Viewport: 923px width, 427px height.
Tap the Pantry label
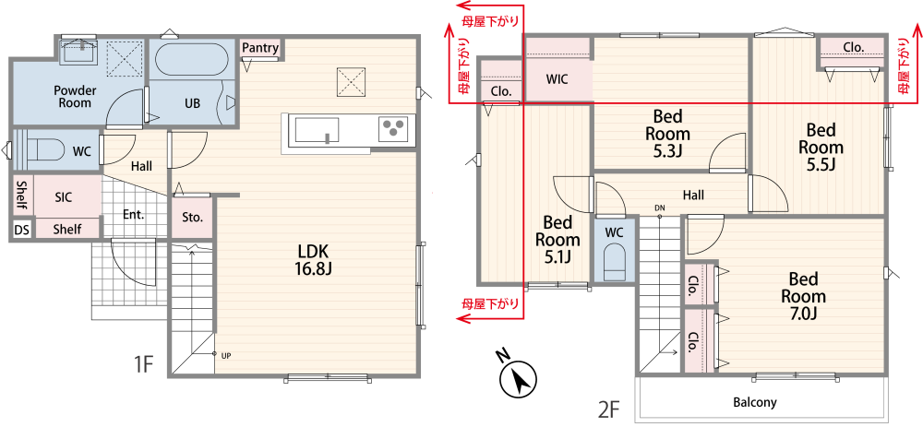[x=260, y=48]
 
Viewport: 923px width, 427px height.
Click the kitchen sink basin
[x=317, y=129]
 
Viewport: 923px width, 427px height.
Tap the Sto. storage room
[x=193, y=217]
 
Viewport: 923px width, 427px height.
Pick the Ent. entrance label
[x=134, y=215]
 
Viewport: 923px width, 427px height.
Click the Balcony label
[x=755, y=403]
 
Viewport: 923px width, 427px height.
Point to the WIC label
[x=557, y=79]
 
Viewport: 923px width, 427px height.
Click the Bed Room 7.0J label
[x=808, y=296]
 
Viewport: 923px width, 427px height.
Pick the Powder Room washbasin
[x=79, y=51]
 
